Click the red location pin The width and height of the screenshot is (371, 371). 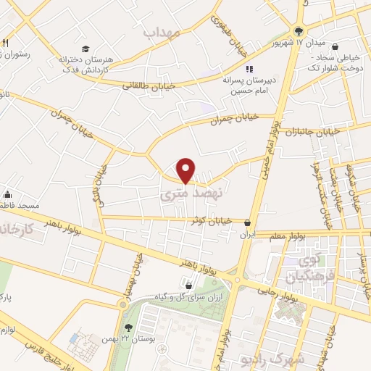[x=187, y=170]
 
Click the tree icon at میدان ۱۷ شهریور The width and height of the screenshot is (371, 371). [x=299, y=30]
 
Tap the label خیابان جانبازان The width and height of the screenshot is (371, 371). [x=312, y=132]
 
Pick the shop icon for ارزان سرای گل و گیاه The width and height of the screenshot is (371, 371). [x=188, y=285]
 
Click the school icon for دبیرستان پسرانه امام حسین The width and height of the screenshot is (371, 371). [x=249, y=69]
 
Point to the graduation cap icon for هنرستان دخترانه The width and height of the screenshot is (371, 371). [x=85, y=49]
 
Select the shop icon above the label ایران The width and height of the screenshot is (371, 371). [x=249, y=223]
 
